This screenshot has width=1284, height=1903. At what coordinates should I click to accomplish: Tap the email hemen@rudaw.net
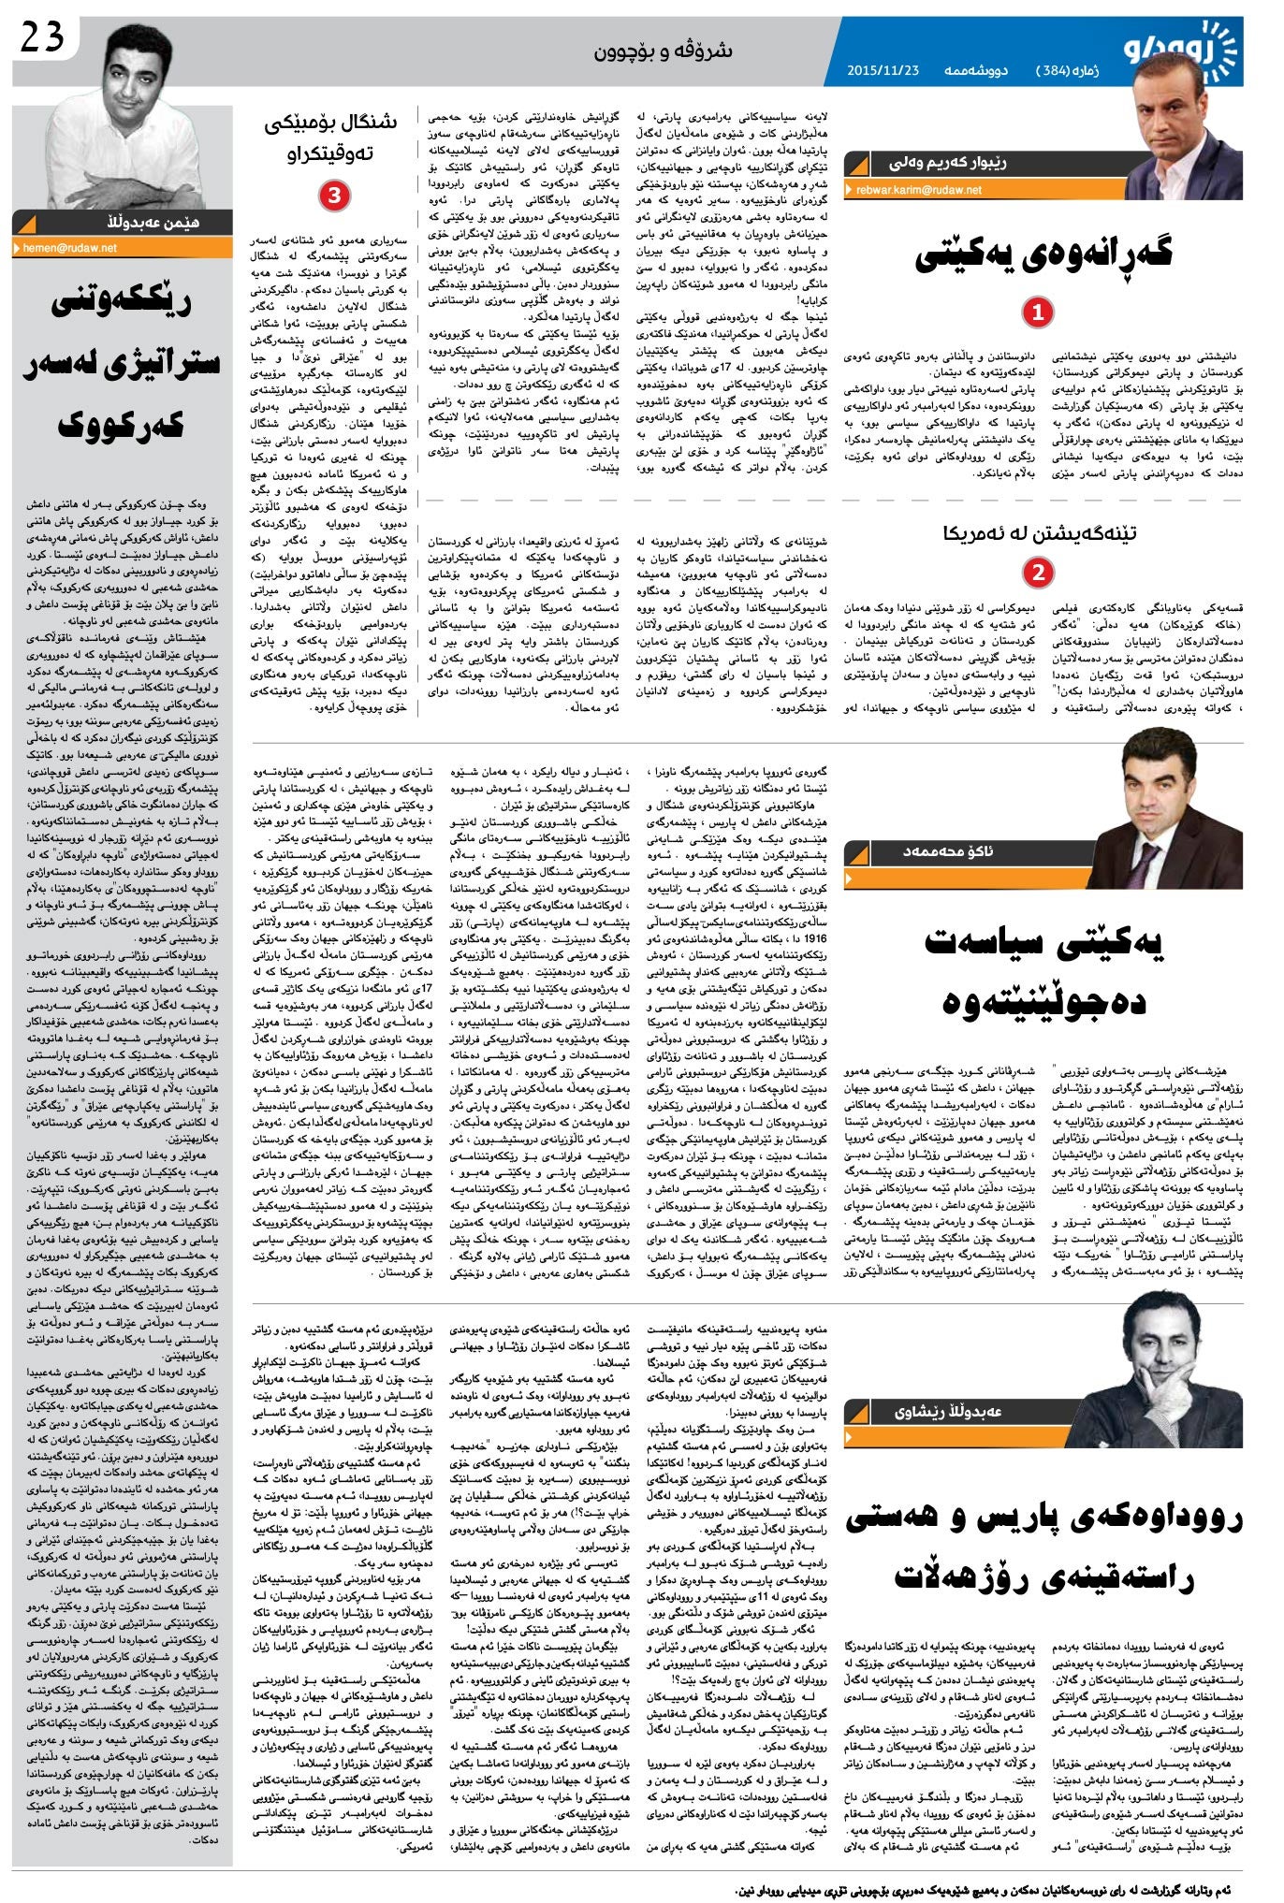point(69,248)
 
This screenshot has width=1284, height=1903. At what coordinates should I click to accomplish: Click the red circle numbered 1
point(1037,312)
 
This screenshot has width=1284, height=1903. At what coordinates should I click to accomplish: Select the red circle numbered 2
point(1037,571)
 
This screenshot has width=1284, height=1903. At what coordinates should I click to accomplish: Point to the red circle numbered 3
point(334,196)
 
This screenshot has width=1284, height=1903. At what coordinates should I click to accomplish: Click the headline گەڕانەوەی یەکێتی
point(1043,254)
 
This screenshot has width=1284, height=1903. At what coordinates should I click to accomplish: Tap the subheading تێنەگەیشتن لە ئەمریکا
point(1039,533)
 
